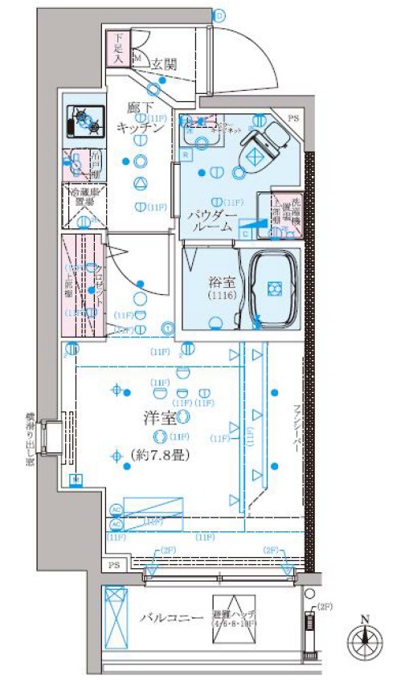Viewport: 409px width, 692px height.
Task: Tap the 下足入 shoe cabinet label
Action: click(x=117, y=48)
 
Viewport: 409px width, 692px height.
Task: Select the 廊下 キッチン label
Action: click(x=141, y=117)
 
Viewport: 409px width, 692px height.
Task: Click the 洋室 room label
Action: click(x=162, y=418)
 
